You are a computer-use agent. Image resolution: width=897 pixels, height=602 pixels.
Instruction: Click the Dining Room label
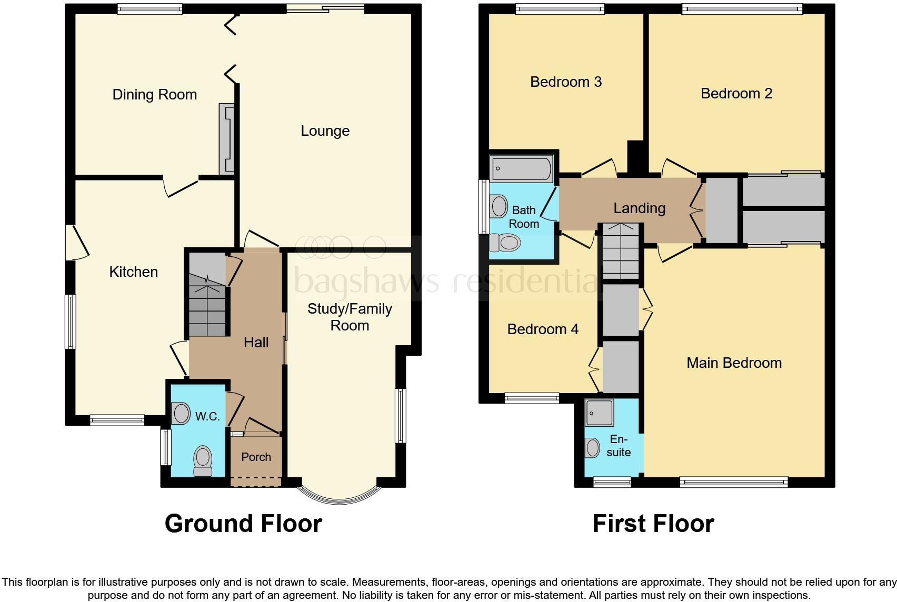155,95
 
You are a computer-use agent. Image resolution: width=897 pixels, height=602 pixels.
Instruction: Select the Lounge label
325,131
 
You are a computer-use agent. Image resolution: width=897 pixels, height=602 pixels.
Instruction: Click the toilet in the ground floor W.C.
203,460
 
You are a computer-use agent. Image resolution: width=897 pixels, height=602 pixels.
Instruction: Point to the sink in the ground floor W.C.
181,414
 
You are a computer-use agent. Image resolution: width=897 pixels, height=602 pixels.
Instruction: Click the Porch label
256,457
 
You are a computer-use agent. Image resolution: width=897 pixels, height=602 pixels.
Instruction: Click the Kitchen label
133,272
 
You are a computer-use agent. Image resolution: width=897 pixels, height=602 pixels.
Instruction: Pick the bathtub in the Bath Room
521,168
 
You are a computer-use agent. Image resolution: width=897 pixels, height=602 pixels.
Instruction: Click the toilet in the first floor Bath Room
505,243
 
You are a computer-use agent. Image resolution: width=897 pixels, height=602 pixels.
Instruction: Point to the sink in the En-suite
592,448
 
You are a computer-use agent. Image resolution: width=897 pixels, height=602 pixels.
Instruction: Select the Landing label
639,208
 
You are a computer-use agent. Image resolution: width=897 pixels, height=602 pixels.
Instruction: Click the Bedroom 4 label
543,329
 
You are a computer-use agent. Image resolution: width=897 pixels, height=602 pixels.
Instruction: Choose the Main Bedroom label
734,363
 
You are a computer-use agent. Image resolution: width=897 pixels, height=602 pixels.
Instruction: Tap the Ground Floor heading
243,524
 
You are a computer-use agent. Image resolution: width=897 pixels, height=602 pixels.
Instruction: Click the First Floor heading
653,524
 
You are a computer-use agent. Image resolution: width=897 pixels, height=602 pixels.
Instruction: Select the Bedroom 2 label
736,94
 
